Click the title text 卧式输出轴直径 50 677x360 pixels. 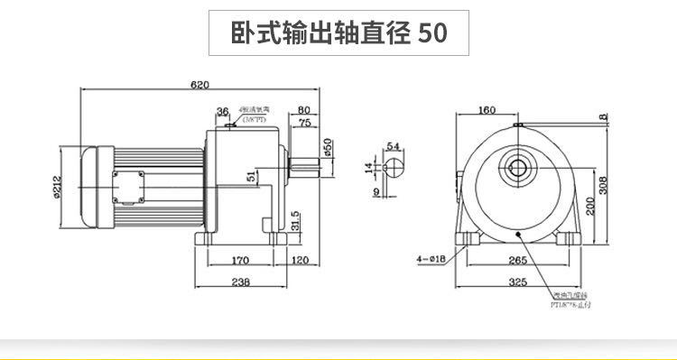338,33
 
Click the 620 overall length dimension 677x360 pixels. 199,85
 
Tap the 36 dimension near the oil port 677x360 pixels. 222,111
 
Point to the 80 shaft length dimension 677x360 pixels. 303,111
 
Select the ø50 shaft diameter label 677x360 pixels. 328,147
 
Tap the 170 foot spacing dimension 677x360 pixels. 240,261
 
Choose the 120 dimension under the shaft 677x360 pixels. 301,261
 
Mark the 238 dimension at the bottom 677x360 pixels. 241,282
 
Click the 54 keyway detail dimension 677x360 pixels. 393,145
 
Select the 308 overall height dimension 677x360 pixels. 604,184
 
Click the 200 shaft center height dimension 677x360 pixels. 588,207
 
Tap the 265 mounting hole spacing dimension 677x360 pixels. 517,261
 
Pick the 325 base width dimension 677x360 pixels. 518,282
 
